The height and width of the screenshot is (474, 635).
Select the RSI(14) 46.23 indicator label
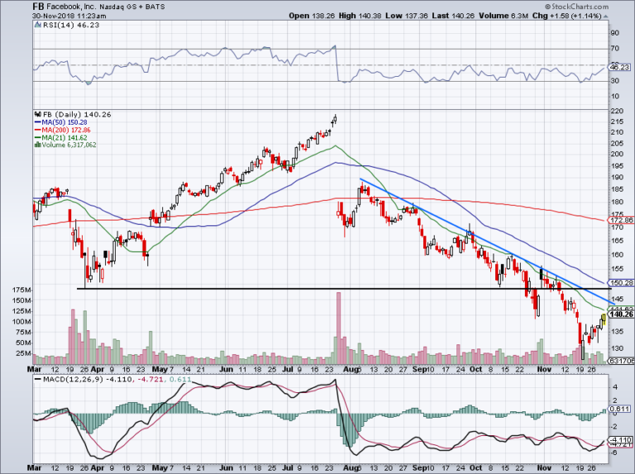point(61,26)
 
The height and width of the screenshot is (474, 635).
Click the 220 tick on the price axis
point(617,111)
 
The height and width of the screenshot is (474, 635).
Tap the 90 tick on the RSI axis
point(614,34)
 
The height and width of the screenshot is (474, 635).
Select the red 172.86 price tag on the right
point(620,221)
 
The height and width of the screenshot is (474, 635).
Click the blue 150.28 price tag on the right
point(620,282)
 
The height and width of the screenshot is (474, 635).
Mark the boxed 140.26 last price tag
point(620,315)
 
